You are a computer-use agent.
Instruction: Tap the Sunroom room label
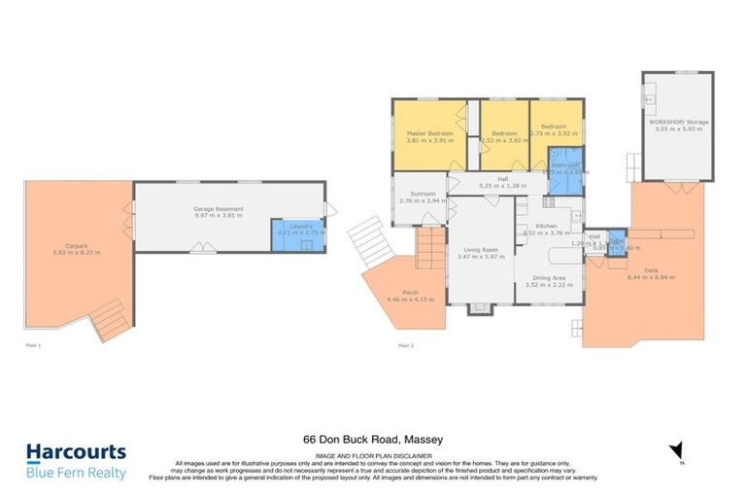coord(423,194)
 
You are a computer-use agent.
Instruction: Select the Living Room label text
coord(479,248)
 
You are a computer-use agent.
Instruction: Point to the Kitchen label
coord(546,225)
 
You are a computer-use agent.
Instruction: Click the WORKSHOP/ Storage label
coord(679,122)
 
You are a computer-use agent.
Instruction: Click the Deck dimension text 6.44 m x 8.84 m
coord(651,277)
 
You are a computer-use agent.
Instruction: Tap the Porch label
coord(410,293)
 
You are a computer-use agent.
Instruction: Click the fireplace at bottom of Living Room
coord(479,309)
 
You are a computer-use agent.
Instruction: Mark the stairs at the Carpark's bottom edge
coord(109,319)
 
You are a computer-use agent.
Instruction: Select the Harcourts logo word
coord(75,452)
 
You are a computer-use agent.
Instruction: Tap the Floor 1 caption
coord(34,345)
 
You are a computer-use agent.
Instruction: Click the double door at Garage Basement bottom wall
coord(203,249)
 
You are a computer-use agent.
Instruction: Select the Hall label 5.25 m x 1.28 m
coord(502,182)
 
